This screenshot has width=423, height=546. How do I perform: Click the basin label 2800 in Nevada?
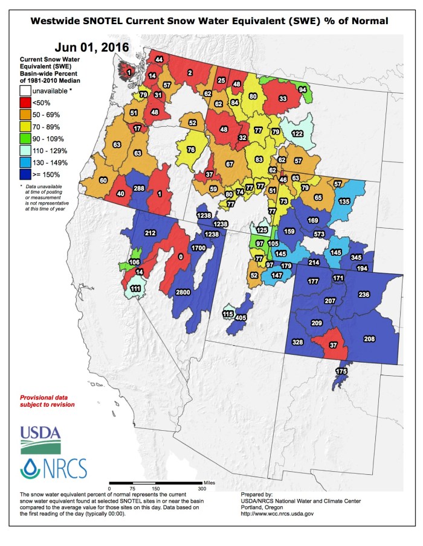click(183, 292)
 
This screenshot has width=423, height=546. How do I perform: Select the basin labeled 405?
click(241, 317)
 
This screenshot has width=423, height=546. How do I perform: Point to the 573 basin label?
click(319, 233)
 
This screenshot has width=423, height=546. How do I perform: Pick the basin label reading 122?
click(297, 133)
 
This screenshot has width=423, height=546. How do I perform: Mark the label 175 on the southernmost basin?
click(341, 370)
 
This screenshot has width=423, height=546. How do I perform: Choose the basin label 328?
click(297, 342)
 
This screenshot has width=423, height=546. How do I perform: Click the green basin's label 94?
click(303, 89)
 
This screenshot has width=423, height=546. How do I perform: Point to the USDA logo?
click(40, 440)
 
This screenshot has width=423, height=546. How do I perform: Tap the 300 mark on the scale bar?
click(201, 487)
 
